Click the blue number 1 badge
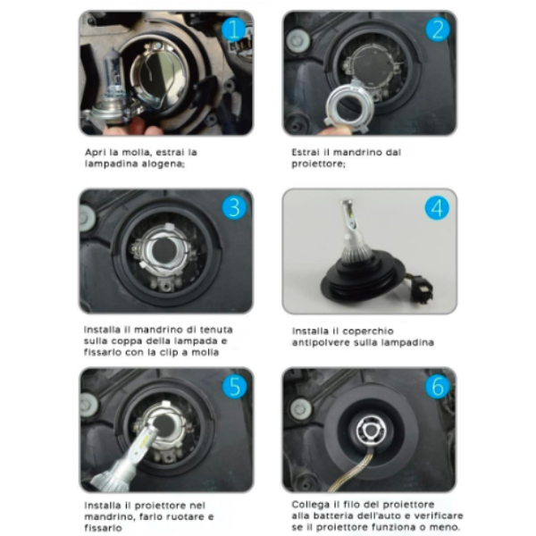tap(233, 29)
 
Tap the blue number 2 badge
tap(438, 29)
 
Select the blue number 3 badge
tap(234, 207)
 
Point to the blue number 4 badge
tap(437, 208)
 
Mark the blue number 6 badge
tap(437, 386)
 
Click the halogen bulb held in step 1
tap(111, 90)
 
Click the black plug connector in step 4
tap(423, 288)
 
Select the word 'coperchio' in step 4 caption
tap(368, 331)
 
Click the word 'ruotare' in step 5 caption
tap(185, 516)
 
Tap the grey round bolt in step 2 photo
tap(298, 39)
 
